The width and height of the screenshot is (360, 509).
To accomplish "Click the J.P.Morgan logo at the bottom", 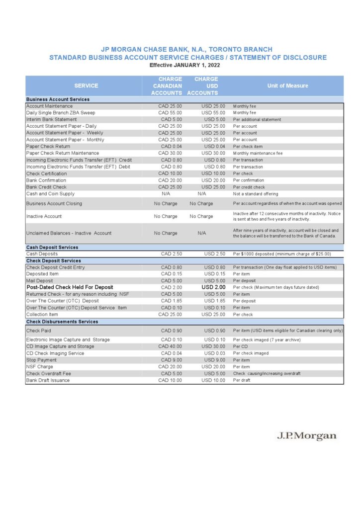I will click(x=306, y=436).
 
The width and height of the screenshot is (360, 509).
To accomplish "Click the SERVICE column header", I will click(x=86, y=85).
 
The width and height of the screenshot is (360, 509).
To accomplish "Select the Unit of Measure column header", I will click(x=287, y=85).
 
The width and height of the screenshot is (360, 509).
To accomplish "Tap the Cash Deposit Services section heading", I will click(x=52, y=247).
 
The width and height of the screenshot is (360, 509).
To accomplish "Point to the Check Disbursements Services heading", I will click(x=62, y=322).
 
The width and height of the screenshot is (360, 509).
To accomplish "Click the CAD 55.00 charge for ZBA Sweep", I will click(x=170, y=113).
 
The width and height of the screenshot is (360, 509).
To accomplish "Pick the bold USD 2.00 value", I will click(x=214, y=287).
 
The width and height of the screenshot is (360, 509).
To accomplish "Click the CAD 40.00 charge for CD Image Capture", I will click(x=170, y=346).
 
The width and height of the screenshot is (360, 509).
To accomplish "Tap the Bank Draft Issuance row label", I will click(x=48, y=380).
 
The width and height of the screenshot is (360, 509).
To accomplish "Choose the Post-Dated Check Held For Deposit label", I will click(x=70, y=287).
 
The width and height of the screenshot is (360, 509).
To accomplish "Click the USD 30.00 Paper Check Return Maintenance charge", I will click(x=213, y=153).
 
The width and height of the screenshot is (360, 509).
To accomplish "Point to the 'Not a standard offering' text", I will click(x=256, y=194).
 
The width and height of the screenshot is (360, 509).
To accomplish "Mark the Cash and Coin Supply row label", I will click(x=50, y=194).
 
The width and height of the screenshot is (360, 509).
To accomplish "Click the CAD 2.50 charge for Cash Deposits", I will click(x=172, y=254).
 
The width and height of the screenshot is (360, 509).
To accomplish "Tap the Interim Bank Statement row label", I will click(x=52, y=119).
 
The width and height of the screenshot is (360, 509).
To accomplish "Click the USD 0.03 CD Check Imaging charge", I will click(x=215, y=353).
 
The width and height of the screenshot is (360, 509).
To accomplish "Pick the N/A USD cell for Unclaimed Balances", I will click(x=202, y=233).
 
